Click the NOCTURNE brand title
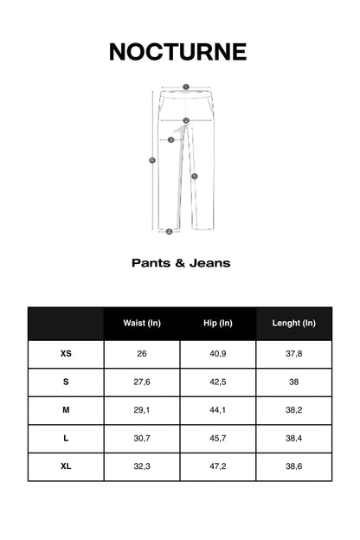(x=178, y=52)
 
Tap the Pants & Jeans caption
(x=181, y=262)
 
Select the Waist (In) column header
(x=142, y=324)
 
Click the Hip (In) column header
(x=218, y=324)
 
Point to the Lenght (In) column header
(x=294, y=324)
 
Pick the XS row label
(x=66, y=354)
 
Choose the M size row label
(x=66, y=410)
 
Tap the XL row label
(x=66, y=466)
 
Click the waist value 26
(x=142, y=354)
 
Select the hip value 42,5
(x=218, y=382)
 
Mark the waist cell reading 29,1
(x=142, y=410)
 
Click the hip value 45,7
(x=218, y=439)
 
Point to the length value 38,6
(x=294, y=466)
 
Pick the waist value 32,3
(x=142, y=466)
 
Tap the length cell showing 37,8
(x=294, y=354)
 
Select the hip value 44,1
(x=218, y=410)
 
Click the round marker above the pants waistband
(x=185, y=87)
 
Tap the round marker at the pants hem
(x=169, y=231)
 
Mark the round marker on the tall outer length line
(x=152, y=159)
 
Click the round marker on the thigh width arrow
(x=171, y=139)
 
